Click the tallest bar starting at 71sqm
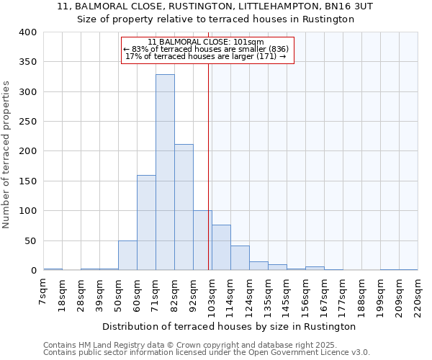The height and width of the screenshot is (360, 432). [x=165, y=172]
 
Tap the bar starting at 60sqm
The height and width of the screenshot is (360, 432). [x=146, y=222]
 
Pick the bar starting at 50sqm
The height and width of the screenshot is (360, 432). [x=127, y=256]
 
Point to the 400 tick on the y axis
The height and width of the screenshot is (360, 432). [x=27, y=32]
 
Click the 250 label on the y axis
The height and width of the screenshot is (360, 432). [x=27, y=122]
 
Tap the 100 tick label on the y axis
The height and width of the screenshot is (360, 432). [x=27, y=211]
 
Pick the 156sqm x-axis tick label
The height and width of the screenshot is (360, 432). [x=305, y=295]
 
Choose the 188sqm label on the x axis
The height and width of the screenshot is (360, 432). [x=361, y=295]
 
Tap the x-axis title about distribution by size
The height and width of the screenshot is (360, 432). [x=230, y=327]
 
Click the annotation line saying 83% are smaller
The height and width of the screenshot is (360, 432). [x=207, y=49]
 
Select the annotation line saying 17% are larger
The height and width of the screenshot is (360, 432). [x=207, y=56]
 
